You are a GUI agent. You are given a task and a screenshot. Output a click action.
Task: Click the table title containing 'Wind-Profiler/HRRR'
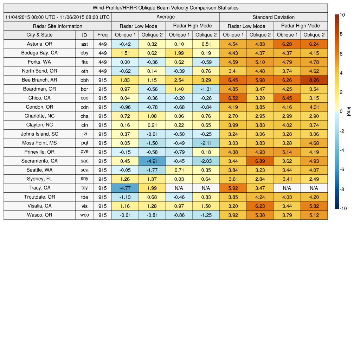[x=166, y=8]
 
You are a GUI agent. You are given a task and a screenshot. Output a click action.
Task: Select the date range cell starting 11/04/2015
[x=58, y=17]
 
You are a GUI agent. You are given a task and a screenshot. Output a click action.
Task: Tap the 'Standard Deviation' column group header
[x=274, y=17]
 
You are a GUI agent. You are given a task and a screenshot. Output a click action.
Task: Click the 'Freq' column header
[x=102, y=35]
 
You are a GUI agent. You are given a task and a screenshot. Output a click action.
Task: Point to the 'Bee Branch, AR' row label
[x=39, y=80]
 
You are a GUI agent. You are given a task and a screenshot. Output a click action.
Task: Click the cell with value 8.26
[x=314, y=80]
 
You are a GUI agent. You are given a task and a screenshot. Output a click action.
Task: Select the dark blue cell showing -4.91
[x=152, y=161]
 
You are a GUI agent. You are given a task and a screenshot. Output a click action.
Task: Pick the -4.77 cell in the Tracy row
[x=125, y=188]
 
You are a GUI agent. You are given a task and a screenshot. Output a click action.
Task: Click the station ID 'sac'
[x=84, y=161]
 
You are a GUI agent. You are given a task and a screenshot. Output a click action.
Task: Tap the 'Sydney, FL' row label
[x=39, y=179]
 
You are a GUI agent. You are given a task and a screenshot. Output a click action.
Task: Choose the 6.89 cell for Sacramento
[x=260, y=161]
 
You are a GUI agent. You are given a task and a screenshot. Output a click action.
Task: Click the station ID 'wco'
[x=84, y=215]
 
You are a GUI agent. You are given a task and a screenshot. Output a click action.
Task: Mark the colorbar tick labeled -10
[x=343, y=208]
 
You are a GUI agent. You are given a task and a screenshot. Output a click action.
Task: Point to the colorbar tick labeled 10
[x=342, y=15]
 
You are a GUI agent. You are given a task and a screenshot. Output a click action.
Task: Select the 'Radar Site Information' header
[x=58, y=26]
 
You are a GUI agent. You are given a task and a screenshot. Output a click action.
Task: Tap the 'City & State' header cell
[x=39, y=35]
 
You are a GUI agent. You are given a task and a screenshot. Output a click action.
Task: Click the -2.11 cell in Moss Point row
[x=206, y=143]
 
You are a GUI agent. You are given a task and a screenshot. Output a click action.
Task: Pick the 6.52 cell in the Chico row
[x=233, y=98]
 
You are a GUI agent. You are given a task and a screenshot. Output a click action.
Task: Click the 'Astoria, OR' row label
[x=39, y=44]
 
